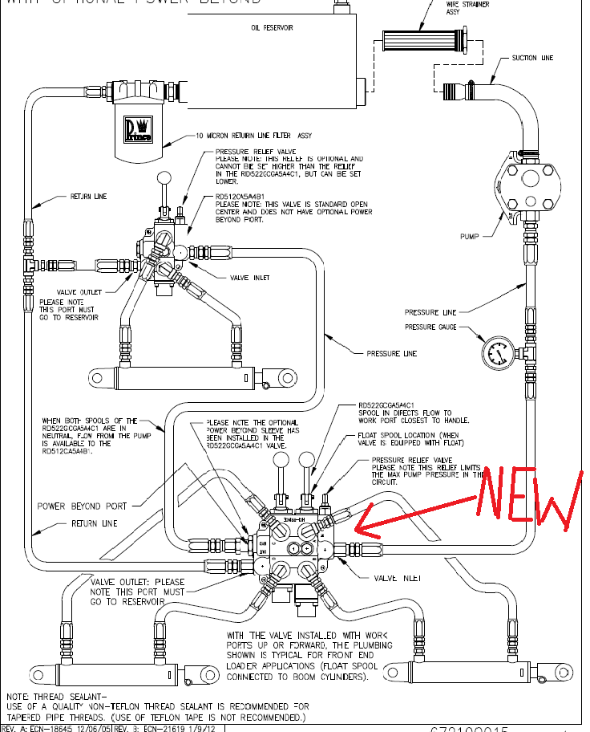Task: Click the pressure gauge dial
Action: pyautogui.click(x=496, y=352)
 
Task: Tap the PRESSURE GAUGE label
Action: pyautogui.click(x=431, y=327)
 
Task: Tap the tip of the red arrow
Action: pyautogui.click(x=357, y=530)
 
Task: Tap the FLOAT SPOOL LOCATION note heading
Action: pyautogui.click(x=404, y=438)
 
